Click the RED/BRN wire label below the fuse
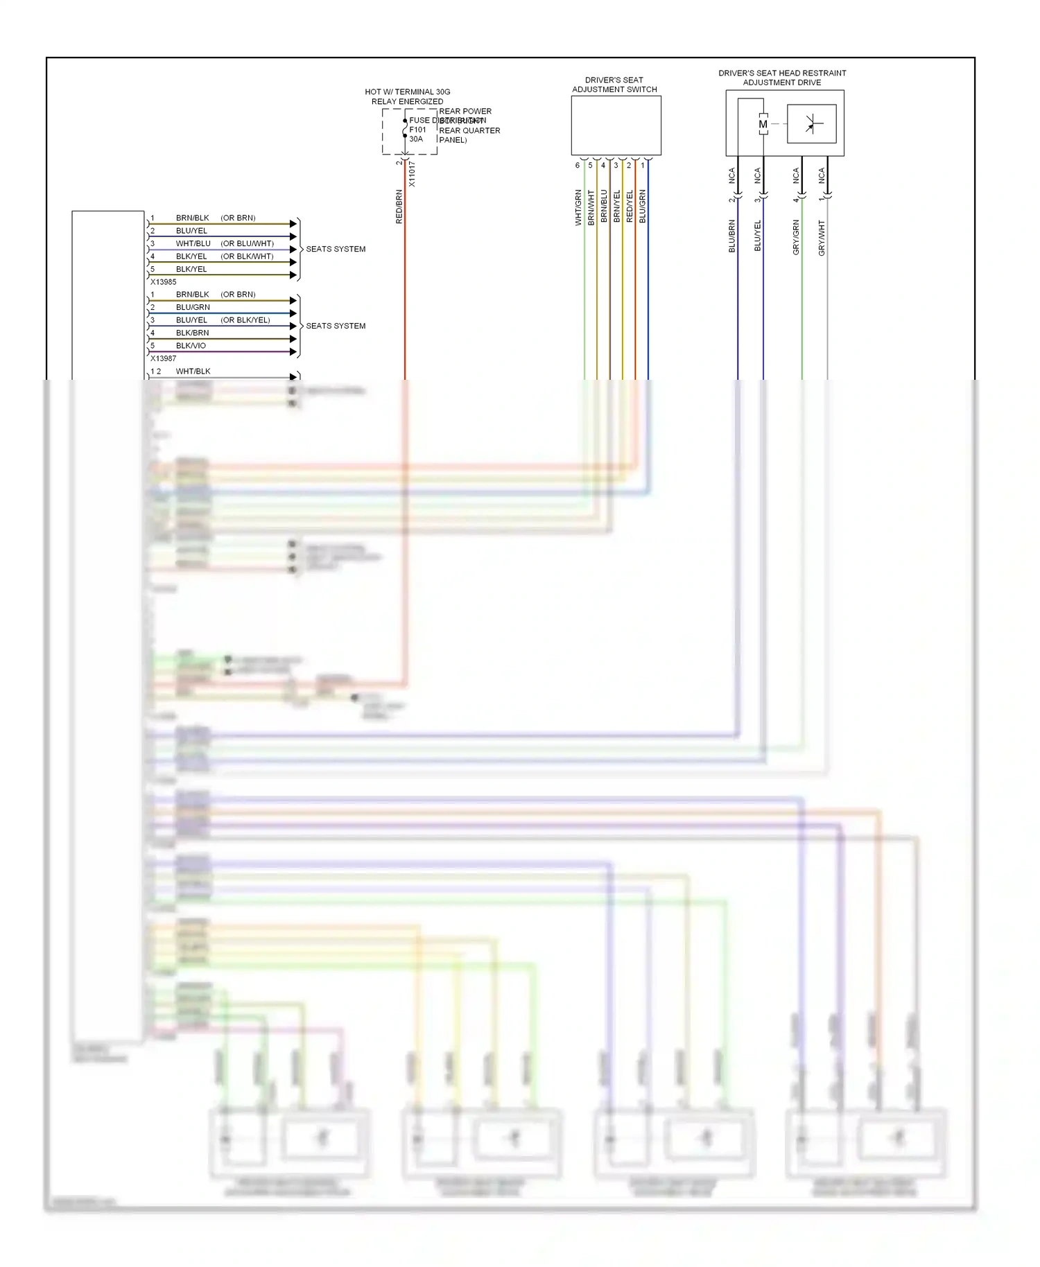[x=399, y=207]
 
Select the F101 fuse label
[x=417, y=130]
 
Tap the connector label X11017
[x=412, y=174]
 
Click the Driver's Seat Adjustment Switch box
[x=616, y=125]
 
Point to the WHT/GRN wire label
[x=578, y=208]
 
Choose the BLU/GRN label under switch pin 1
[x=643, y=206]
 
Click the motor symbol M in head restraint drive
[x=763, y=125]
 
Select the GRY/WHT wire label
[x=822, y=238]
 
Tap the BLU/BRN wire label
[x=731, y=236]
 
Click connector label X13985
[x=164, y=282]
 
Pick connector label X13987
[x=164, y=358]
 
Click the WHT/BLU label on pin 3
[x=193, y=243]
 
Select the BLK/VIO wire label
[x=191, y=345]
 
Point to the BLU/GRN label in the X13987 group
[x=193, y=307]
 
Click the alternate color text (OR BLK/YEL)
[x=245, y=320]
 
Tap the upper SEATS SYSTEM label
[x=336, y=249]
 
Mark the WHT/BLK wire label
[x=193, y=371]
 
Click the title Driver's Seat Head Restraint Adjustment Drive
[x=782, y=78]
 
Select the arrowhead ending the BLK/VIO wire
[x=293, y=352]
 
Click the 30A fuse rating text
[x=415, y=139]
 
